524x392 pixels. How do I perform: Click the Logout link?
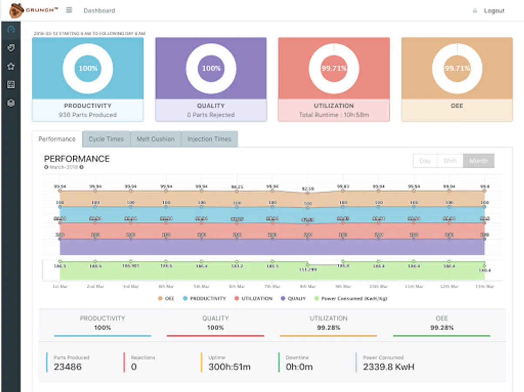pyautogui.click(x=494, y=10)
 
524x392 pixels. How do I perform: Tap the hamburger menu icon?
pyautogui.click(x=69, y=10)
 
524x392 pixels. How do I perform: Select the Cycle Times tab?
pyautogui.click(x=106, y=139)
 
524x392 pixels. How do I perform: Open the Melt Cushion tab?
pyautogui.click(x=156, y=139)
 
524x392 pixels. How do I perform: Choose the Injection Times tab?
pyautogui.click(x=209, y=139)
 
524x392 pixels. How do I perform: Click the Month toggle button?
pyautogui.click(x=478, y=161)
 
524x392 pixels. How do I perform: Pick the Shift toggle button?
pyautogui.click(x=450, y=161)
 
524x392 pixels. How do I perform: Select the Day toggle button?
pyautogui.click(x=425, y=161)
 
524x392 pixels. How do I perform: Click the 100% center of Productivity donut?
pyautogui.click(x=88, y=68)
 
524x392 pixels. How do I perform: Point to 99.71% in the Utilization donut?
pyautogui.click(x=334, y=68)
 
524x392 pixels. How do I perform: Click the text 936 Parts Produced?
pyautogui.click(x=88, y=115)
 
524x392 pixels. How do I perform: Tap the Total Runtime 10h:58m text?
pyautogui.click(x=334, y=115)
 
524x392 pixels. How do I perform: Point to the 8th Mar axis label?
pyautogui.click(x=308, y=287)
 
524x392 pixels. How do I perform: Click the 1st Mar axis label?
pyautogui.click(x=60, y=287)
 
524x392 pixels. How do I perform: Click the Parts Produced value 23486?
pyautogui.click(x=68, y=367)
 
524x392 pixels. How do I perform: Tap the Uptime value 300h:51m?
pyautogui.click(x=229, y=367)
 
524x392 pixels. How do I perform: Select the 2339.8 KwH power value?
pyautogui.click(x=389, y=367)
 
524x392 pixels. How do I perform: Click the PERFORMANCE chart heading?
pyautogui.click(x=77, y=159)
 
